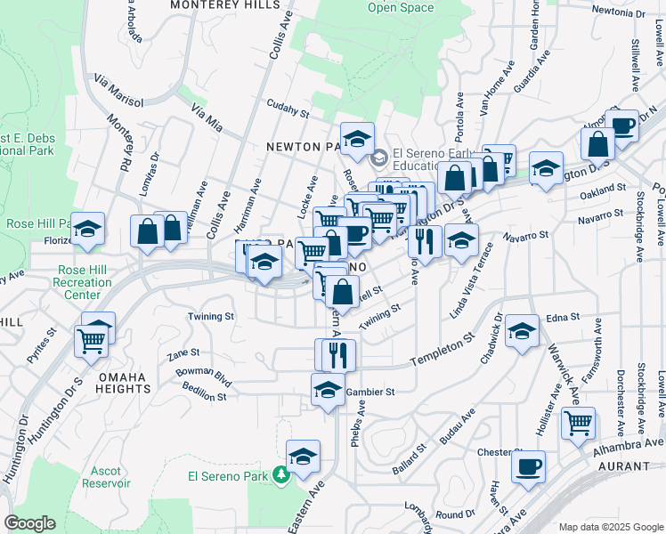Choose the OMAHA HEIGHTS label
coord(116,383)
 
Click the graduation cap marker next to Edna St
coord(522,331)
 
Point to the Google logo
coord(29,522)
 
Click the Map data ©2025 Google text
coord(610,527)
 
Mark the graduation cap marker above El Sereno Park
coord(304,455)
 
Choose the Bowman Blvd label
coord(204,374)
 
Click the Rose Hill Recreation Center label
coord(85,282)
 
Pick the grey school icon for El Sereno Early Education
coord(379,158)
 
